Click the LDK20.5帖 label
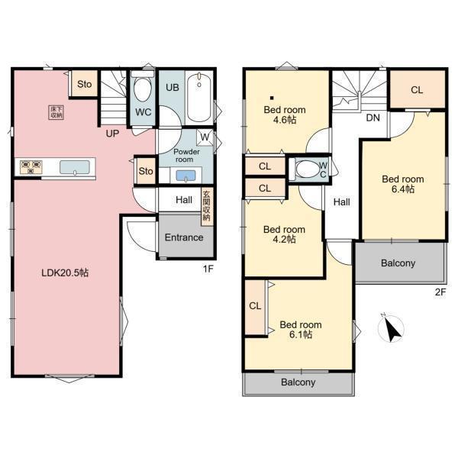coord(65,273)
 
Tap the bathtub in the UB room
coord(199,97)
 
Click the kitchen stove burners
coord(31,167)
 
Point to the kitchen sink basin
coord(75,167)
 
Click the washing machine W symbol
coord(205,137)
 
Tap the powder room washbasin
coord(185,176)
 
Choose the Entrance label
coord(184,237)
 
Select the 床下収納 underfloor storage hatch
coord(56,112)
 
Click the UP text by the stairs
coord(112,134)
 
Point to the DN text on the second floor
coord(373,118)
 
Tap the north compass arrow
coord(391,329)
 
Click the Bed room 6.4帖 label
coord(403,184)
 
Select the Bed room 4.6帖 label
coord(285,114)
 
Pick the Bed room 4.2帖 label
coord(284,234)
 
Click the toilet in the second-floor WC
coord(308,169)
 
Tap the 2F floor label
coord(440,292)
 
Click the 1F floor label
coord(208,269)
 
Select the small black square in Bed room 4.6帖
coord(272,98)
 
